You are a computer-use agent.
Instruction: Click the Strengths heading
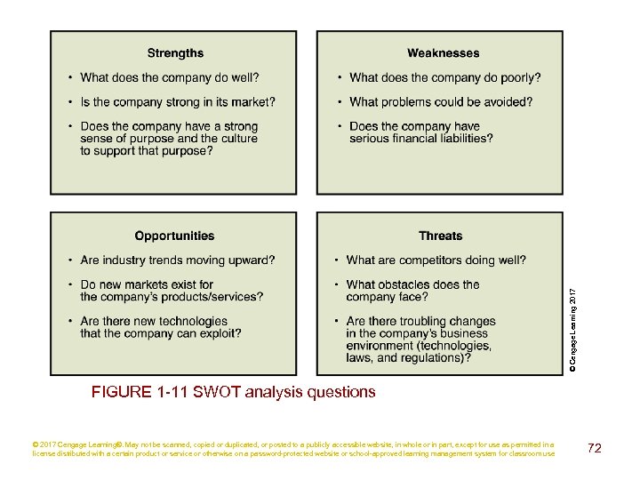[x=175, y=53]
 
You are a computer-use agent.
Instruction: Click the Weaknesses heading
[x=443, y=53]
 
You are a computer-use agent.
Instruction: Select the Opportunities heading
[x=174, y=236]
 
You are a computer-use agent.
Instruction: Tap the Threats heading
[x=441, y=236]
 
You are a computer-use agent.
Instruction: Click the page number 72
[x=595, y=448]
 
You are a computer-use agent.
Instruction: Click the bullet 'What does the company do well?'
[x=170, y=78]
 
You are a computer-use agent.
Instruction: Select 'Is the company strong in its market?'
[x=178, y=102]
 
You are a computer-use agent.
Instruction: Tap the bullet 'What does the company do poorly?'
[x=444, y=78]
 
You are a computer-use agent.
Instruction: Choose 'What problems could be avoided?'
[x=441, y=102]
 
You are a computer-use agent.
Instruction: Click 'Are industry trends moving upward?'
[x=178, y=260]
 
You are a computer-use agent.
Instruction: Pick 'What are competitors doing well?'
[x=436, y=260]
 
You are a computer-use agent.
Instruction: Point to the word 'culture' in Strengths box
[x=238, y=139]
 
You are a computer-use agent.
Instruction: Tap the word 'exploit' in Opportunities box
[x=217, y=333]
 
